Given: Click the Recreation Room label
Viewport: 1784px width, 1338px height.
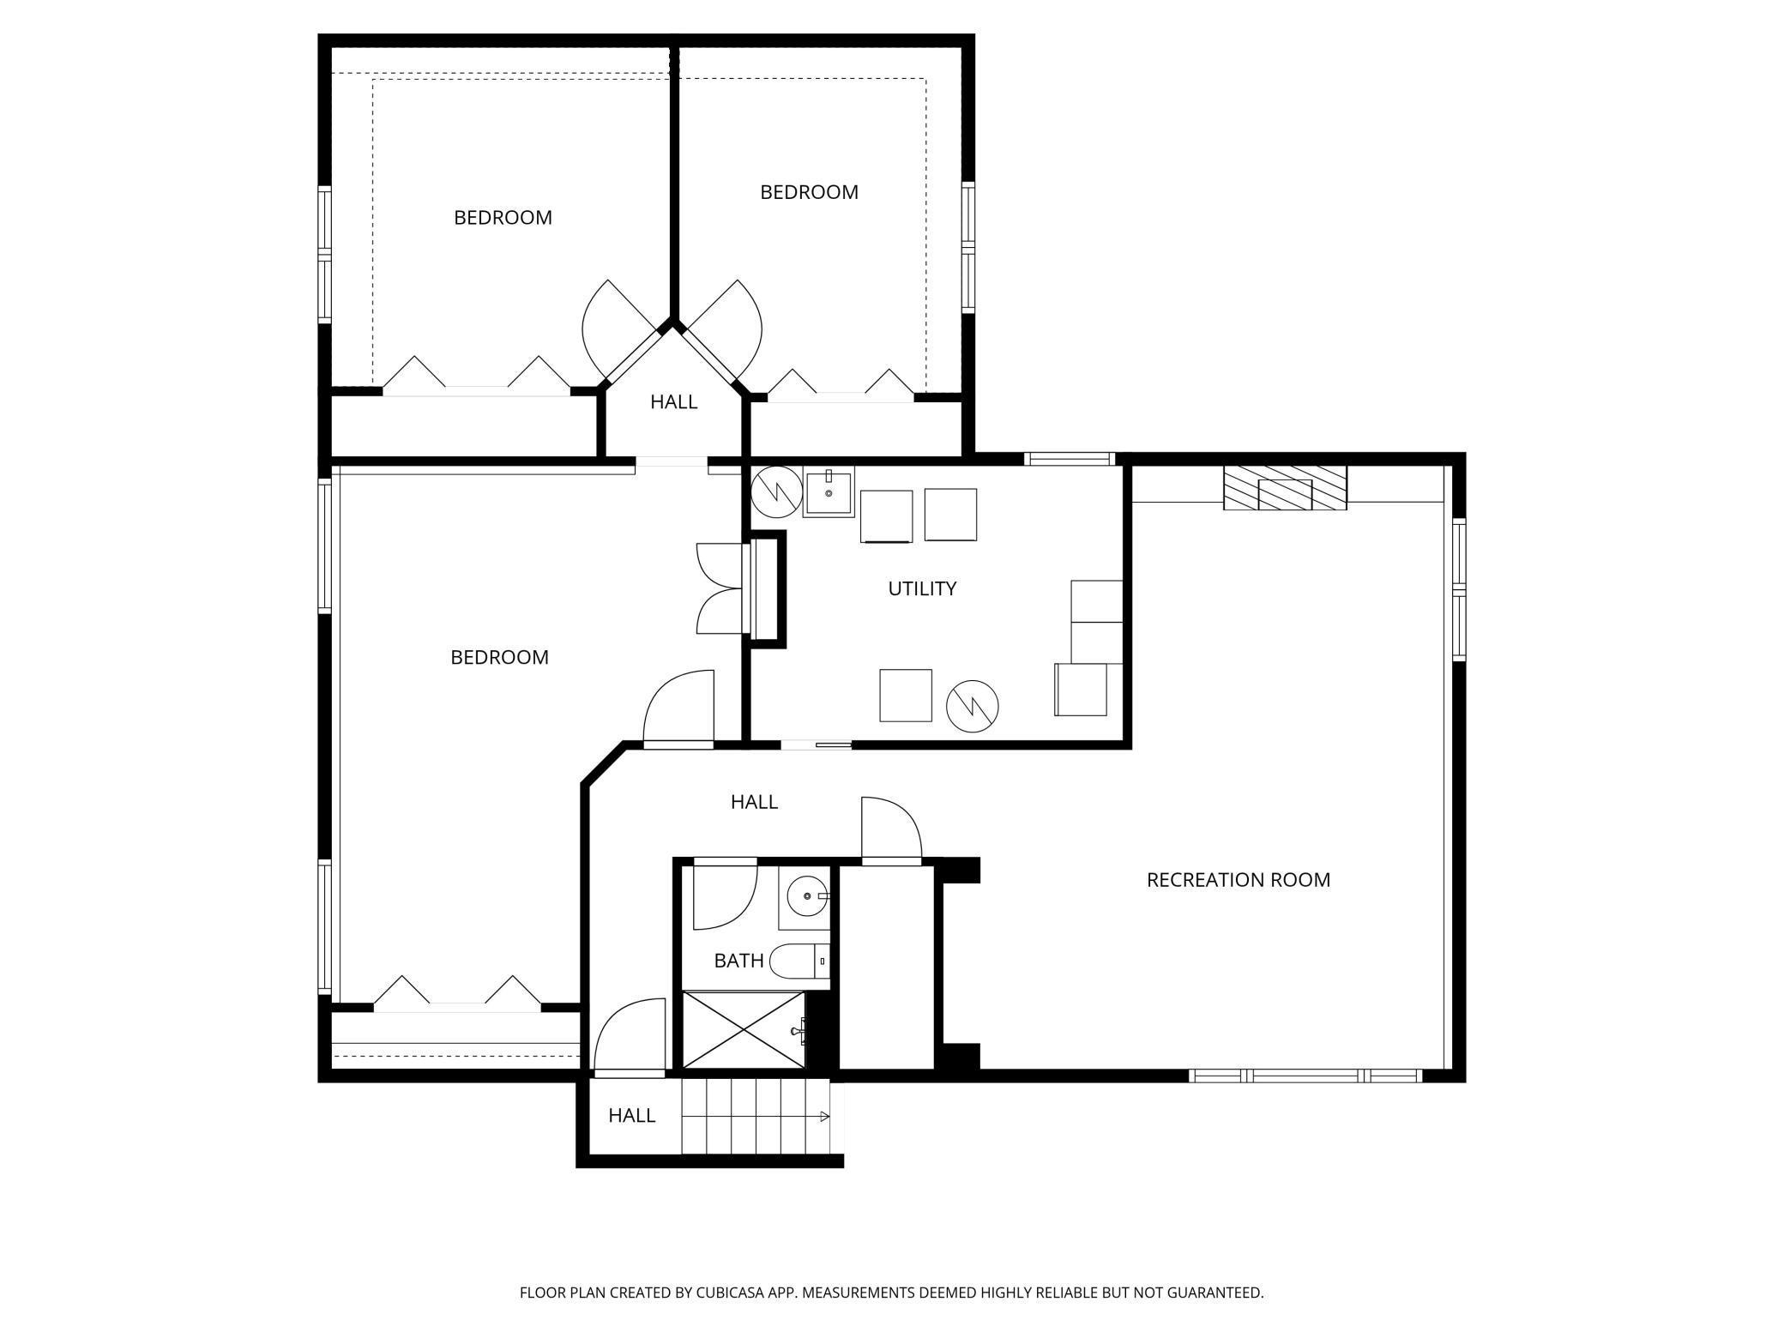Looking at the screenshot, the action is [x=1239, y=880].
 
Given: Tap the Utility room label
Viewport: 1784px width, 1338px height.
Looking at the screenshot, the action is [x=922, y=588].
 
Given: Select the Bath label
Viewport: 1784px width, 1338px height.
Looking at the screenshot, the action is [x=738, y=961].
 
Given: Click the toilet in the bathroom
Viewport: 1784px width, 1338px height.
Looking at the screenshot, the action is [x=800, y=961].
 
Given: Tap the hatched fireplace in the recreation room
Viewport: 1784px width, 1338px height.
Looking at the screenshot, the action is [x=1285, y=488].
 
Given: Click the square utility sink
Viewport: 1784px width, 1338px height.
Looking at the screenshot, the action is [x=829, y=493].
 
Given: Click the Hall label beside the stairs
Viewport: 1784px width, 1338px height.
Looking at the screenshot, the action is [x=632, y=1116].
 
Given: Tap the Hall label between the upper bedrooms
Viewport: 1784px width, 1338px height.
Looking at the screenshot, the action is [x=673, y=401].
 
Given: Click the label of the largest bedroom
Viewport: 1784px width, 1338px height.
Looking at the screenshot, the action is [x=500, y=657].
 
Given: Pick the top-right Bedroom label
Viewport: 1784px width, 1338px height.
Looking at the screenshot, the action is [x=809, y=192].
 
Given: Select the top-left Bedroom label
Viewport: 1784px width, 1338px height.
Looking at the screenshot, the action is [x=503, y=218].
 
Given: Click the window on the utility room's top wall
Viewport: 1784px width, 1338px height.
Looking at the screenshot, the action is [x=1070, y=459].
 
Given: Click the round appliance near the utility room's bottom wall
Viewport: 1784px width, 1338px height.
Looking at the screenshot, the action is [x=973, y=706].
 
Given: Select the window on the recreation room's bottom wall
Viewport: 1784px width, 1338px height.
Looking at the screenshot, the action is [x=1305, y=1076].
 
